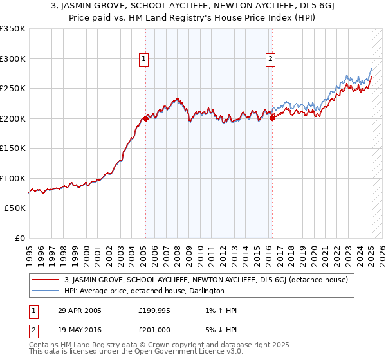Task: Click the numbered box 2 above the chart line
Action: pos(270,59)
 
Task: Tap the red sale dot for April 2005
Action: pos(145,118)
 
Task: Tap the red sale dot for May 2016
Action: pos(272,118)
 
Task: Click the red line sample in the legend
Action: pos(46,280)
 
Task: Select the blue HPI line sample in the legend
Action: pos(46,291)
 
